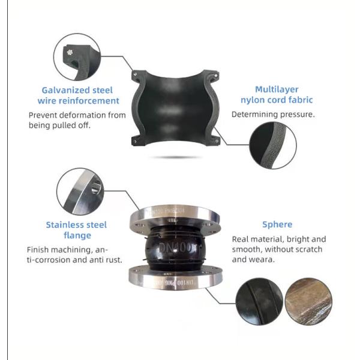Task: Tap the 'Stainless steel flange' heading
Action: pyautogui.click(x=77, y=230)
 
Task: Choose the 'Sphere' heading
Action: pyautogui.click(x=277, y=224)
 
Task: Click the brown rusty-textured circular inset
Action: pyautogui.click(x=307, y=302)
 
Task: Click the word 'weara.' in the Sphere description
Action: pyautogui.click(x=263, y=260)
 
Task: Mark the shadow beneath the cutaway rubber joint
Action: pyautogui.click(x=175, y=157)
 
